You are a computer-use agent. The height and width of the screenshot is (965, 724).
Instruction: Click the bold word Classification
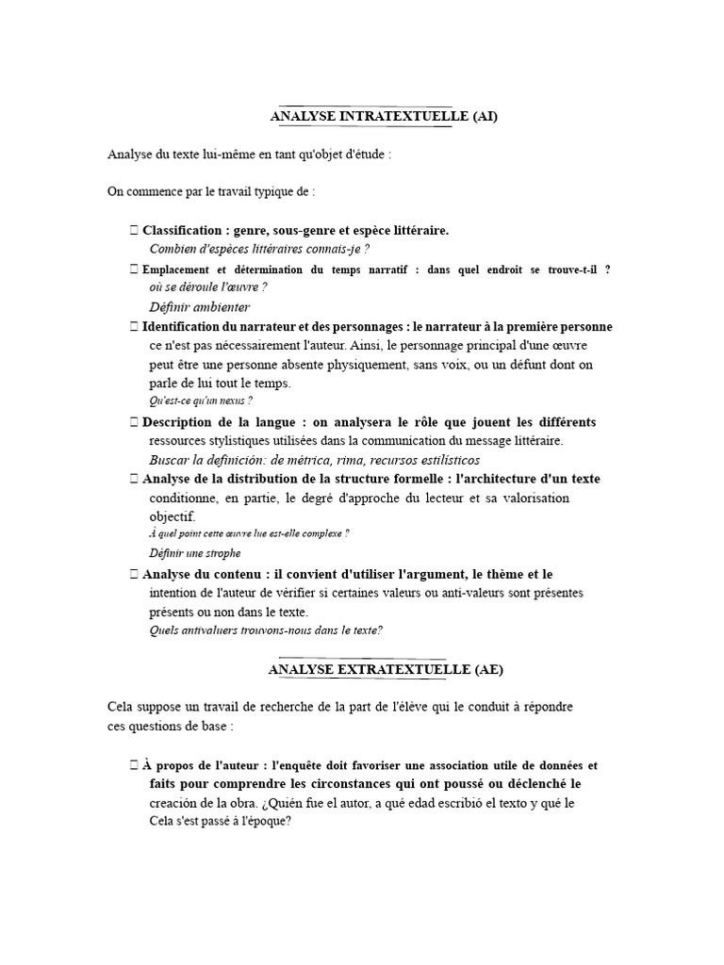point(182,230)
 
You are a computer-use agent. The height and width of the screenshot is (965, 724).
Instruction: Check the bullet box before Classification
point(135,230)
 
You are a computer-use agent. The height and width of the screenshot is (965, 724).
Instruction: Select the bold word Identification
point(187,327)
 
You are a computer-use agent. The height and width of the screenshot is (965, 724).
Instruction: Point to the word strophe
point(222,553)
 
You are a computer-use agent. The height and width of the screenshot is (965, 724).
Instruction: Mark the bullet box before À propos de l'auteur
point(135,765)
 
